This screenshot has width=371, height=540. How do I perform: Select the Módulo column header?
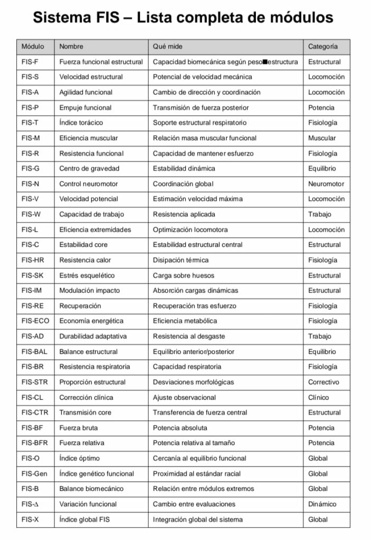(x=33, y=46)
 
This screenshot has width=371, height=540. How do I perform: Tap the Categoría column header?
(x=323, y=46)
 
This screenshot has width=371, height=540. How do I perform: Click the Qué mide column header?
(x=168, y=46)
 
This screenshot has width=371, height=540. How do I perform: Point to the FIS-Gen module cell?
(x=34, y=474)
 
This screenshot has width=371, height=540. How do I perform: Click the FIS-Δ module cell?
(x=30, y=504)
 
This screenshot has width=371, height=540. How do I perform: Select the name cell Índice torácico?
(x=81, y=122)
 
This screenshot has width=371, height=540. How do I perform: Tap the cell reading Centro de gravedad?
(x=89, y=169)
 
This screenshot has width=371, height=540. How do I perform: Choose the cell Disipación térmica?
(x=180, y=260)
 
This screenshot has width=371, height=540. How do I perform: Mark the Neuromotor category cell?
(x=326, y=184)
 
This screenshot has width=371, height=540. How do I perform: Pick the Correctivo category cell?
(x=324, y=382)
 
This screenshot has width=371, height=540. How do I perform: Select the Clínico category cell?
(x=318, y=397)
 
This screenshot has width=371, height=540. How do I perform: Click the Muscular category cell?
(x=322, y=138)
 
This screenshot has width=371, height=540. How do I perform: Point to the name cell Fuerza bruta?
(x=78, y=428)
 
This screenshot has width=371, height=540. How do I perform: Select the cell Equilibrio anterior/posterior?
(x=194, y=351)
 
